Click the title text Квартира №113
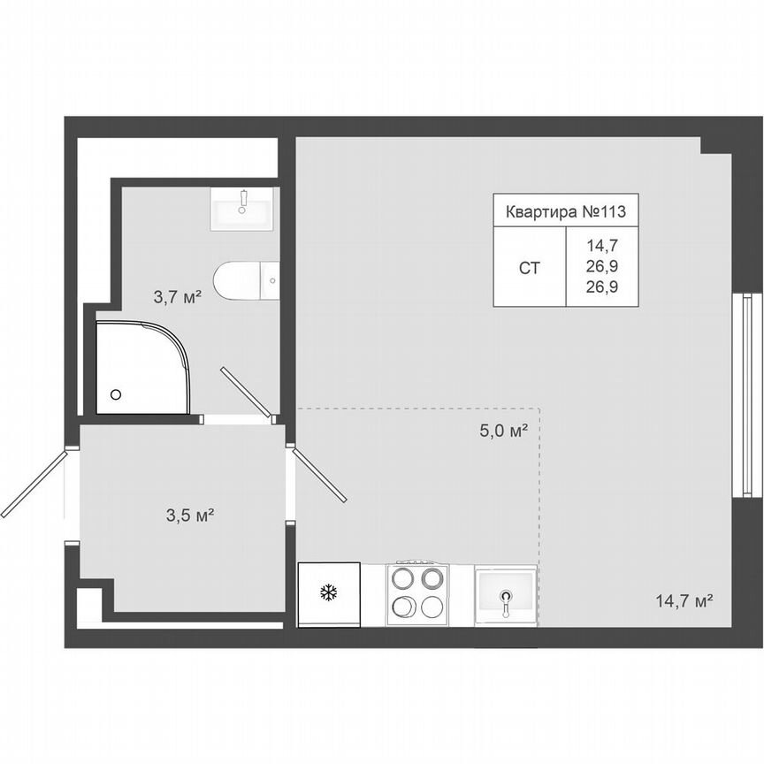565,212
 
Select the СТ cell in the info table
529,267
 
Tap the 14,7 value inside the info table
601,247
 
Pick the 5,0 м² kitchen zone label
504,431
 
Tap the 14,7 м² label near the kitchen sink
684,601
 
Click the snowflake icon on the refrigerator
329,593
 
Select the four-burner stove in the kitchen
418,593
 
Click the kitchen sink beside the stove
505,595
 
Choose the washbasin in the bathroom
244,210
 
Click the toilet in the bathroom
247,281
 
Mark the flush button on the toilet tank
272,281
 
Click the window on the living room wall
747,396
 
